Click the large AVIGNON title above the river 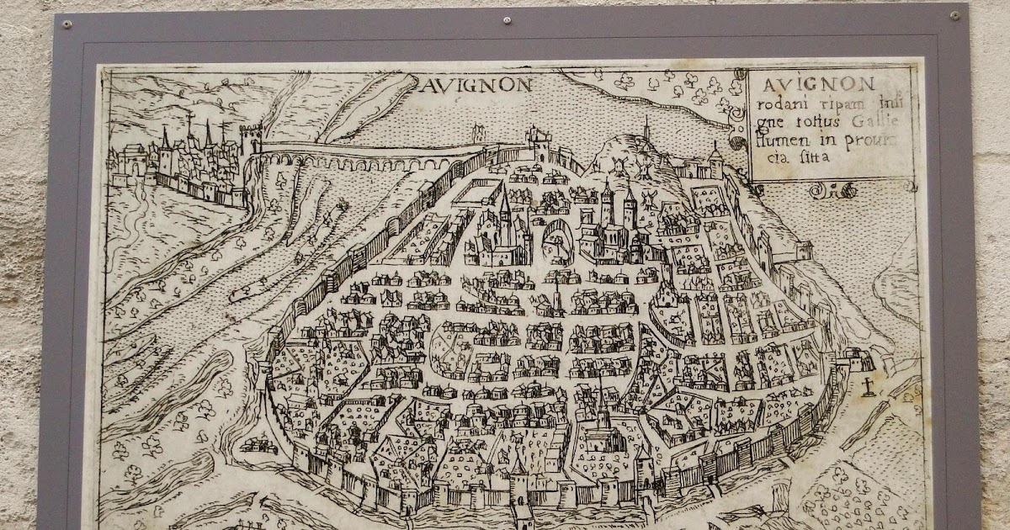pyautogui.click(x=476, y=84)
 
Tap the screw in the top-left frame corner pyautogui.click(x=66, y=24)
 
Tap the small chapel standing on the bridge pyautogui.click(x=480, y=133)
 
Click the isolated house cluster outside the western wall pyautogui.click(x=257, y=443)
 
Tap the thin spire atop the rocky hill pyautogui.click(x=646, y=128)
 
